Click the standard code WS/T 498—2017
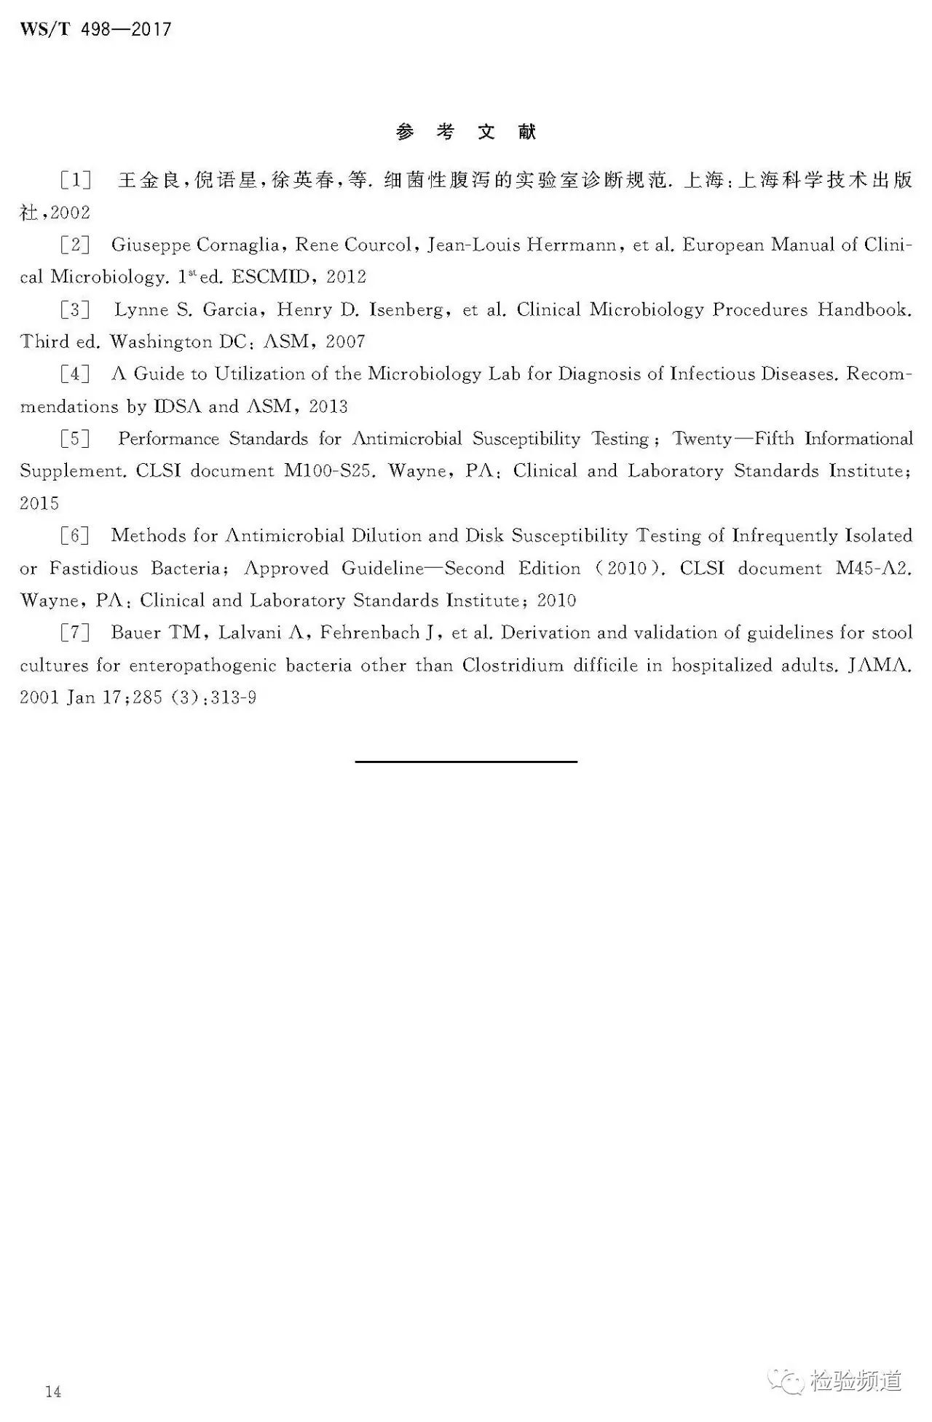point(95,30)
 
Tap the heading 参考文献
point(466,132)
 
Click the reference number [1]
point(76,180)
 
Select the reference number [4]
point(76,374)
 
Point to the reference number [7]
point(76,633)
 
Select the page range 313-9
point(237,698)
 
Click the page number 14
point(53,1392)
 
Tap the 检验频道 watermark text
point(856,1380)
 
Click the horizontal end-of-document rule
point(466,762)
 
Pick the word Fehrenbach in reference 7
point(370,633)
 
